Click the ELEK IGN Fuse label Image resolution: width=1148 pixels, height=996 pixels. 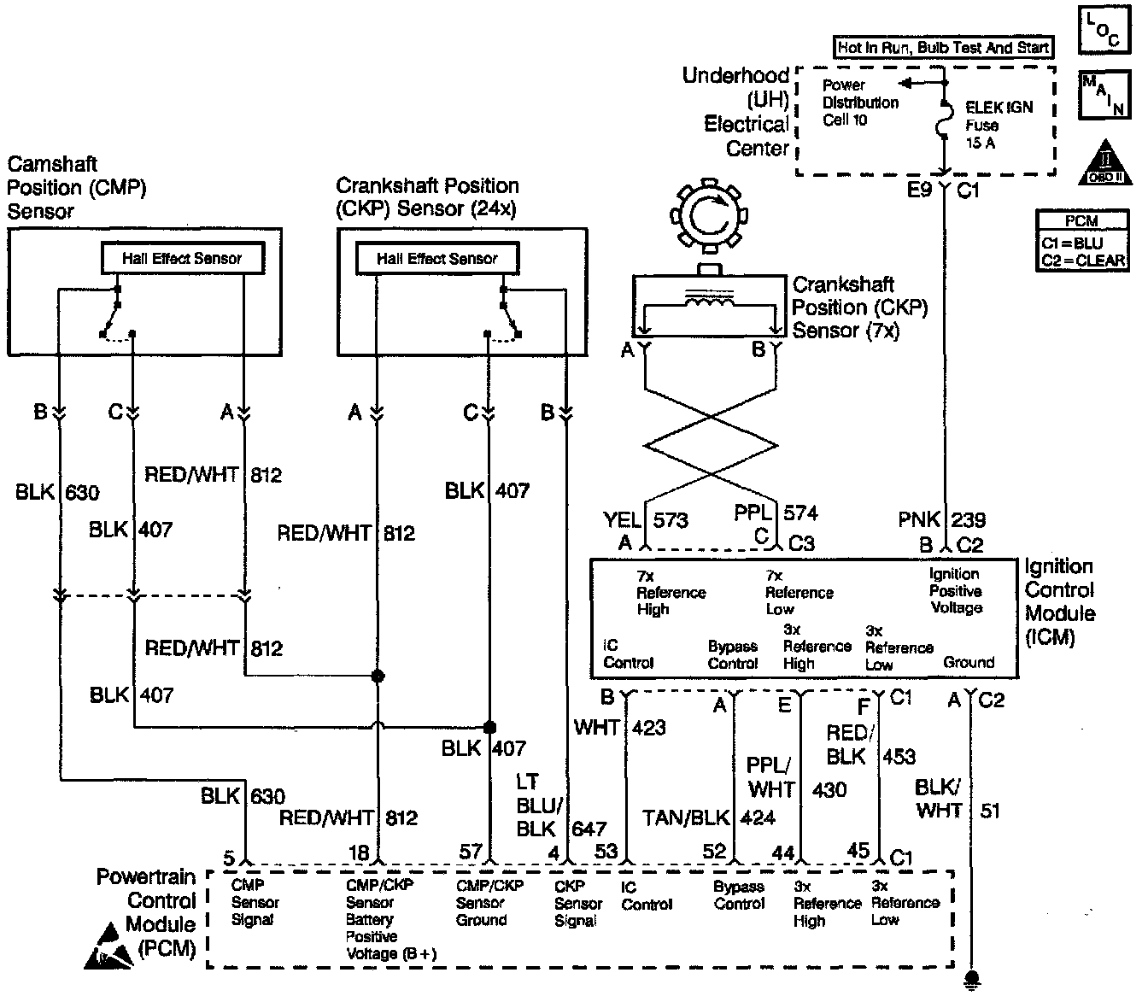tap(998, 125)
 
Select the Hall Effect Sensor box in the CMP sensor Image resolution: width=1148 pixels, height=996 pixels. tap(182, 258)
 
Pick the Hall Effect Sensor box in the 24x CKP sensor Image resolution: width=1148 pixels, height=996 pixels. tap(436, 258)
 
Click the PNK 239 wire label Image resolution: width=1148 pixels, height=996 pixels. tap(942, 519)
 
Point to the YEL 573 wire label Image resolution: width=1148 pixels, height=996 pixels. tap(646, 519)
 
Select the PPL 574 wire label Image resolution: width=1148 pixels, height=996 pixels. tap(776, 513)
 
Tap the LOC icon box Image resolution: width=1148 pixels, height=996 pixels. tap(1103, 32)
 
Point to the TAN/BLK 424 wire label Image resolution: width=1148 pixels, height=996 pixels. tap(709, 817)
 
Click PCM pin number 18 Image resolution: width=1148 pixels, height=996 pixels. tap(359, 853)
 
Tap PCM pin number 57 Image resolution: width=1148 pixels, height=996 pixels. tap(471, 852)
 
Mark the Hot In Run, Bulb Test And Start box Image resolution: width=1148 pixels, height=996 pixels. tap(943, 48)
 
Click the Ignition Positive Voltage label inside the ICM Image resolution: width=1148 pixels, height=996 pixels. tap(955, 591)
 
